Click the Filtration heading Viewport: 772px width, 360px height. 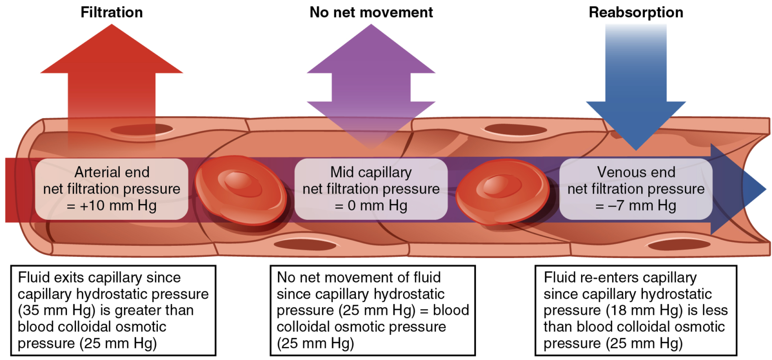[112, 13]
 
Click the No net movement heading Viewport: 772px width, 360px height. [370, 13]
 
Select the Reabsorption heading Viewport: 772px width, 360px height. [636, 13]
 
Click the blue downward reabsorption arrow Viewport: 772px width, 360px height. [636, 101]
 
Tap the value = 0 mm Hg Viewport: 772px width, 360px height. [371, 206]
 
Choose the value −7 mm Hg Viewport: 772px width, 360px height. [635, 206]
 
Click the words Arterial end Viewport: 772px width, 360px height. [112, 172]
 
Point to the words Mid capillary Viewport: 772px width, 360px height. [371, 172]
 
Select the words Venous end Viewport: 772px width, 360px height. [636, 172]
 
